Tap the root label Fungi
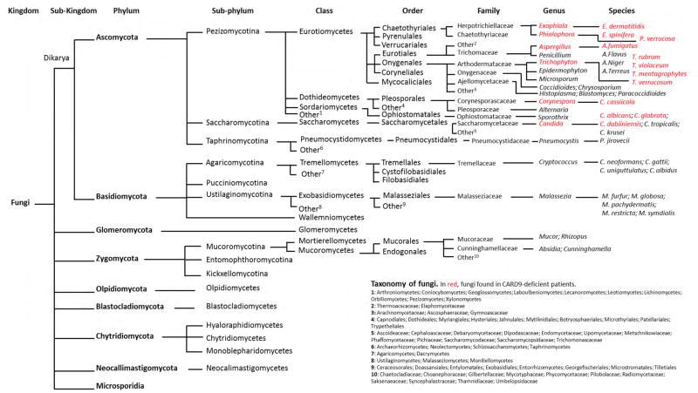(x=20, y=203)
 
